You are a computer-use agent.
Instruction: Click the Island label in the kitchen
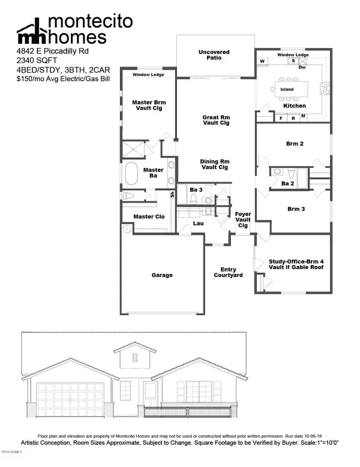pyautogui.click(x=287, y=89)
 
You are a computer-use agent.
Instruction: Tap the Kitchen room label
pyautogui.click(x=295, y=106)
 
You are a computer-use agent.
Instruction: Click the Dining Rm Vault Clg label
pyautogui.click(x=215, y=165)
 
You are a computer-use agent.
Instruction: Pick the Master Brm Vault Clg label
pyautogui.click(x=148, y=106)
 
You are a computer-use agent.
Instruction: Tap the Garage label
pyautogui.click(x=161, y=275)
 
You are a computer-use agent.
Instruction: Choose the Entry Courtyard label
pyautogui.click(x=228, y=272)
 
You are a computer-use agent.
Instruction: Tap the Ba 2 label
pyautogui.click(x=287, y=183)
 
